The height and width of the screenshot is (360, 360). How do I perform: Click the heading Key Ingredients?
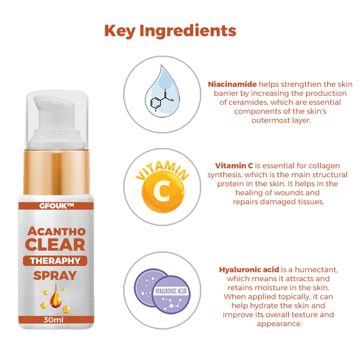click(x=170, y=31)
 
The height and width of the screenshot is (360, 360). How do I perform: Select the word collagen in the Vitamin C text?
click(x=325, y=165)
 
